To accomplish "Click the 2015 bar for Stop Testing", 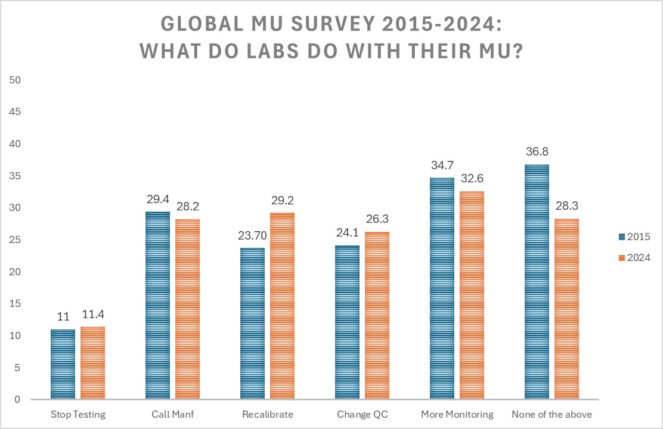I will point(63,364).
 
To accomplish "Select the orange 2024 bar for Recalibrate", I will point(282,306).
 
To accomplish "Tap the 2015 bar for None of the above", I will point(537,282).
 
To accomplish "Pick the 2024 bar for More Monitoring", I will point(472,295).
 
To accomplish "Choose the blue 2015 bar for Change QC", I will point(347,322).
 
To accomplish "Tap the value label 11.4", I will point(92,315).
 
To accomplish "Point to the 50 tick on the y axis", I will point(16,80).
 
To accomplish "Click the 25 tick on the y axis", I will point(16,240).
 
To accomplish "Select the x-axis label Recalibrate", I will point(268,414).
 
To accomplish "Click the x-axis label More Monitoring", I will point(457,414).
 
